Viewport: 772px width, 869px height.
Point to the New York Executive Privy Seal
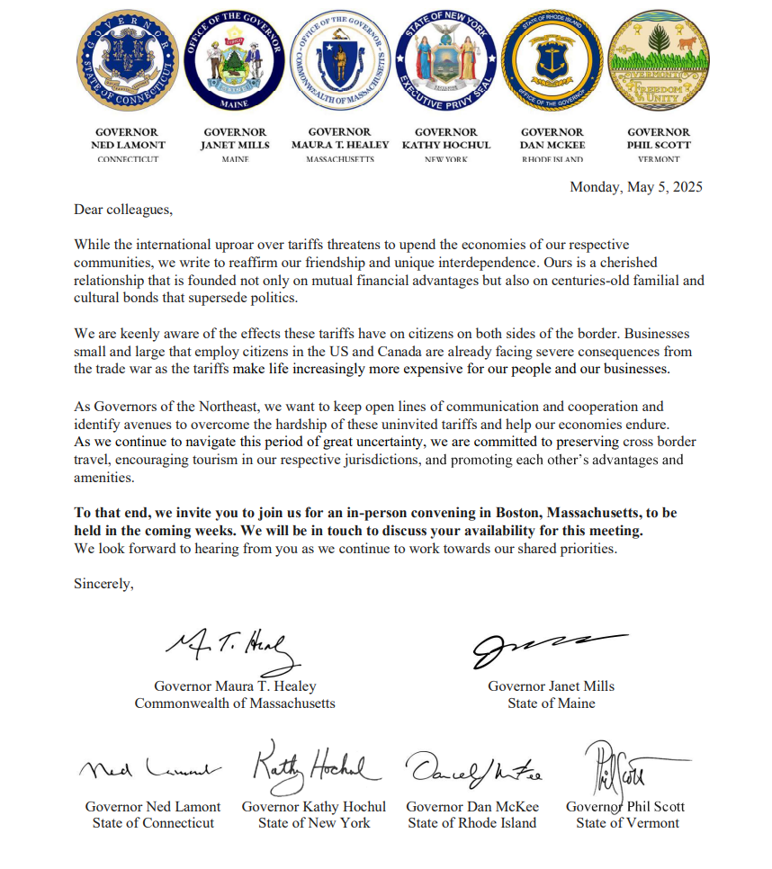click(446, 61)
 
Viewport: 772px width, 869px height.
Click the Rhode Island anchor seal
click(552, 61)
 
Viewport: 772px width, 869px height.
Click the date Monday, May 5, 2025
click(635, 187)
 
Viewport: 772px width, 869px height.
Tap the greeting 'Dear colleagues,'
click(122, 211)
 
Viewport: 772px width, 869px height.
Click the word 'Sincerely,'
click(103, 583)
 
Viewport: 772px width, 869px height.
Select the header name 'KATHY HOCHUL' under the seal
click(446, 145)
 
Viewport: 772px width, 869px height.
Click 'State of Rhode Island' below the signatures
click(471, 822)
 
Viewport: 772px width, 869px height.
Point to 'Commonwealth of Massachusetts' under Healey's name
click(234, 703)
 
